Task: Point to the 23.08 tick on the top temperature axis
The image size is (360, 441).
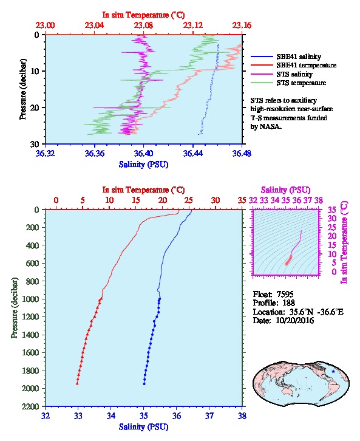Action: (143, 26)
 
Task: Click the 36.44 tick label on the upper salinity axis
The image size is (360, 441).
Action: (192, 153)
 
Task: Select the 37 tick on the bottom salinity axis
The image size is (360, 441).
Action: (209, 415)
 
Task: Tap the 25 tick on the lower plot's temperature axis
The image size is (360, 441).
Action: (189, 200)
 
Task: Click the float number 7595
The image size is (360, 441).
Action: (285, 294)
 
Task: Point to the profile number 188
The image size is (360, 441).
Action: (288, 303)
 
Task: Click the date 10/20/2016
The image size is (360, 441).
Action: (295, 320)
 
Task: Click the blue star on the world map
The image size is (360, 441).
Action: (333, 371)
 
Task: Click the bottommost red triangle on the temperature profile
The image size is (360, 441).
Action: (77, 383)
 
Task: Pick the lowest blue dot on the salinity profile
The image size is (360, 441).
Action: (144, 384)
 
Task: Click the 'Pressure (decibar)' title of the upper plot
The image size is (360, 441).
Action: (23, 89)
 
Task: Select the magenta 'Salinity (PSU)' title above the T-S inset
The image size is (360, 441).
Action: (285, 190)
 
